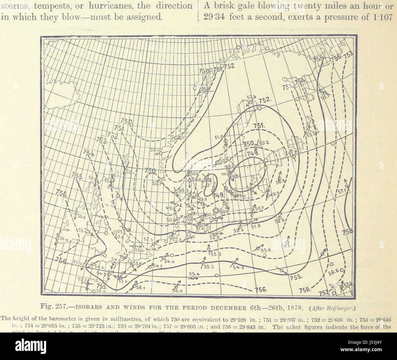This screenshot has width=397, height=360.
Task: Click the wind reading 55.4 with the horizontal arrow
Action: click(x=194, y=274)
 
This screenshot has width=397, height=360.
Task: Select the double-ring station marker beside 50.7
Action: click(x=216, y=210)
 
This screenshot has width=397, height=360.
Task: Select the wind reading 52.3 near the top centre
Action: click(x=251, y=97)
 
